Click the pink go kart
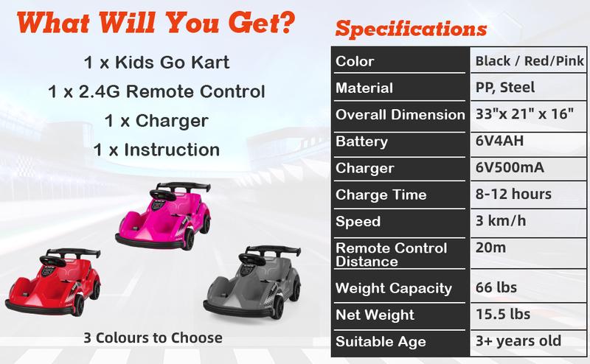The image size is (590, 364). [x=163, y=217]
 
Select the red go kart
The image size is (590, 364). [x=53, y=282]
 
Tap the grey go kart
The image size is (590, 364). [x=252, y=282]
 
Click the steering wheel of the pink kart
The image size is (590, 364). [x=162, y=195]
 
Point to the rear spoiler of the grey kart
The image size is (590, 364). [x=274, y=250]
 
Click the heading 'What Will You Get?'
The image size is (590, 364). [x=156, y=23]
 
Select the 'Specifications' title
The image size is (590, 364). [x=411, y=29]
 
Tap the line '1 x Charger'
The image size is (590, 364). [x=156, y=121]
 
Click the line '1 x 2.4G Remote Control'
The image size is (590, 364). [x=156, y=91]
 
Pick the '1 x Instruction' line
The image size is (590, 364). [x=156, y=150]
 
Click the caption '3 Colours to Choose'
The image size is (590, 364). [x=153, y=337]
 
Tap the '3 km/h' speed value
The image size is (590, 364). [x=501, y=221]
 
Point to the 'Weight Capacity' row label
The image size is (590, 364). [x=394, y=288]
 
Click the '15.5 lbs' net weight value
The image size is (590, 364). [x=503, y=314]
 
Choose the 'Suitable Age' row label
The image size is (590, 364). [x=381, y=341]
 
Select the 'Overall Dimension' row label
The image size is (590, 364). [x=400, y=114]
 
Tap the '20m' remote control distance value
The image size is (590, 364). [x=490, y=248]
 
